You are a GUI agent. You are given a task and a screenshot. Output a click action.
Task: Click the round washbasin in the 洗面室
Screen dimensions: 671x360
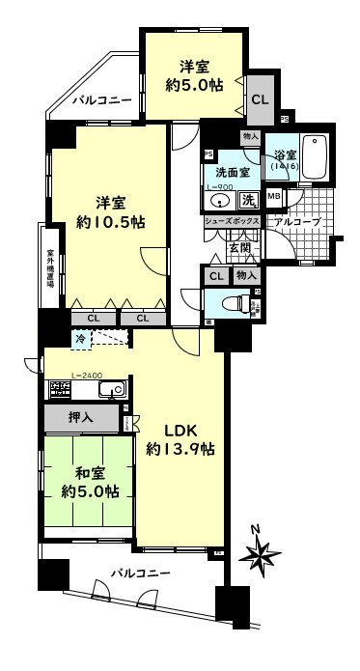coord(219,201)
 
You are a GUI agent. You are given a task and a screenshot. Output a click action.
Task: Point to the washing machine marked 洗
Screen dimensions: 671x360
coord(247,200)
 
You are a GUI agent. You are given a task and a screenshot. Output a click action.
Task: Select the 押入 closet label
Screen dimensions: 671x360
coord(81,419)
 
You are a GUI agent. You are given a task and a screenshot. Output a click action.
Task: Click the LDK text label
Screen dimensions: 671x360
coord(180,430)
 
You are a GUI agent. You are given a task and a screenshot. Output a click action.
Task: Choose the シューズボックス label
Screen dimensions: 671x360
coord(232,221)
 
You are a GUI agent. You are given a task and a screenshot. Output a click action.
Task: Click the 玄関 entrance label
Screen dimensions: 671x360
coord(238,247)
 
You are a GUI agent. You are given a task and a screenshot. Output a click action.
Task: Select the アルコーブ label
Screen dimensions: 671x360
coord(295,222)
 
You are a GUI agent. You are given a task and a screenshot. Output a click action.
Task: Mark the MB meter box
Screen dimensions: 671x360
coord(274,198)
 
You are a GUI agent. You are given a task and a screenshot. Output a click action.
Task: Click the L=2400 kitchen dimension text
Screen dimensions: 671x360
coord(60,376)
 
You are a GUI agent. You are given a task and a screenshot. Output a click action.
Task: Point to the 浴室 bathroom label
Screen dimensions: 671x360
coord(283,155)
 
